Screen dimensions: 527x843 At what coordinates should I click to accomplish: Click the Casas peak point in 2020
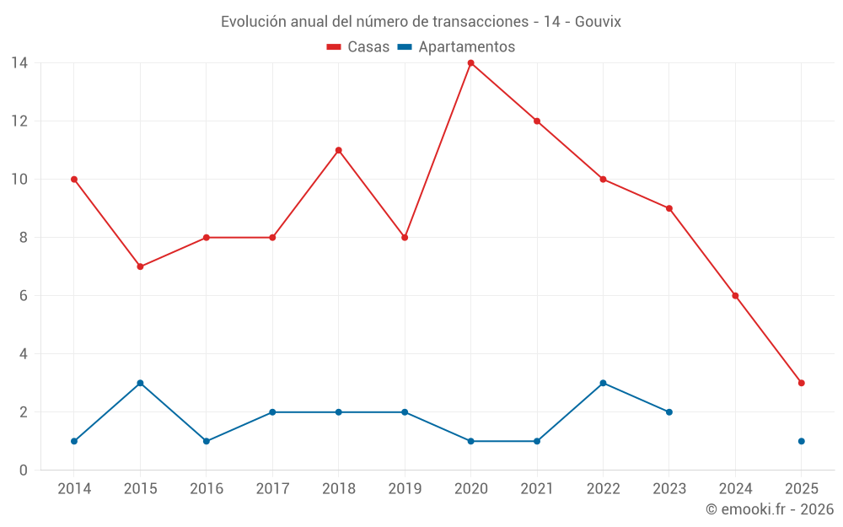tap(470, 62)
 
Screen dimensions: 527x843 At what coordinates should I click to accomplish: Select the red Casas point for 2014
tap(74, 179)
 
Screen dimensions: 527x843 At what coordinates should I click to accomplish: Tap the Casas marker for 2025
tap(802, 383)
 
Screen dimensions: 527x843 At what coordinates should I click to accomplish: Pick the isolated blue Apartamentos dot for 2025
tap(802, 441)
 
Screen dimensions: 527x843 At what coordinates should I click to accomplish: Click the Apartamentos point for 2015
tap(140, 383)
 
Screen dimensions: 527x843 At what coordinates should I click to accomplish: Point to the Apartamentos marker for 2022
tap(603, 383)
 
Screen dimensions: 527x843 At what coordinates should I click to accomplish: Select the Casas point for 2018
tap(338, 150)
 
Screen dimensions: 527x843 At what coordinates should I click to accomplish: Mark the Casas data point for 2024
tap(735, 296)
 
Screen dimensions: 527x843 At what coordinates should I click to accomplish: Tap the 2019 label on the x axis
tap(405, 488)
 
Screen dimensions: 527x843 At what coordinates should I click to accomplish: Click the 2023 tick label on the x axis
tap(669, 488)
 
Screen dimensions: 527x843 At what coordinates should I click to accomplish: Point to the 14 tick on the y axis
tap(19, 62)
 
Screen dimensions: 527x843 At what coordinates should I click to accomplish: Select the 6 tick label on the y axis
tap(24, 296)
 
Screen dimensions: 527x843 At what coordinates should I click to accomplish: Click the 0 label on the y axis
tap(24, 471)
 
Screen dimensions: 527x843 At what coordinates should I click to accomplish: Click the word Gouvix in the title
tap(598, 22)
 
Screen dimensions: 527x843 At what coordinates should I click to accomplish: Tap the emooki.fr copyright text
tap(770, 509)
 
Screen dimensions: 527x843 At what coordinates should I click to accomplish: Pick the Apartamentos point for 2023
tap(669, 412)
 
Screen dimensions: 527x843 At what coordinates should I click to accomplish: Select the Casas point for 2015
tap(140, 266)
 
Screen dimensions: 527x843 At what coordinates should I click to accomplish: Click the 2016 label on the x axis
tap(207, 488)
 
